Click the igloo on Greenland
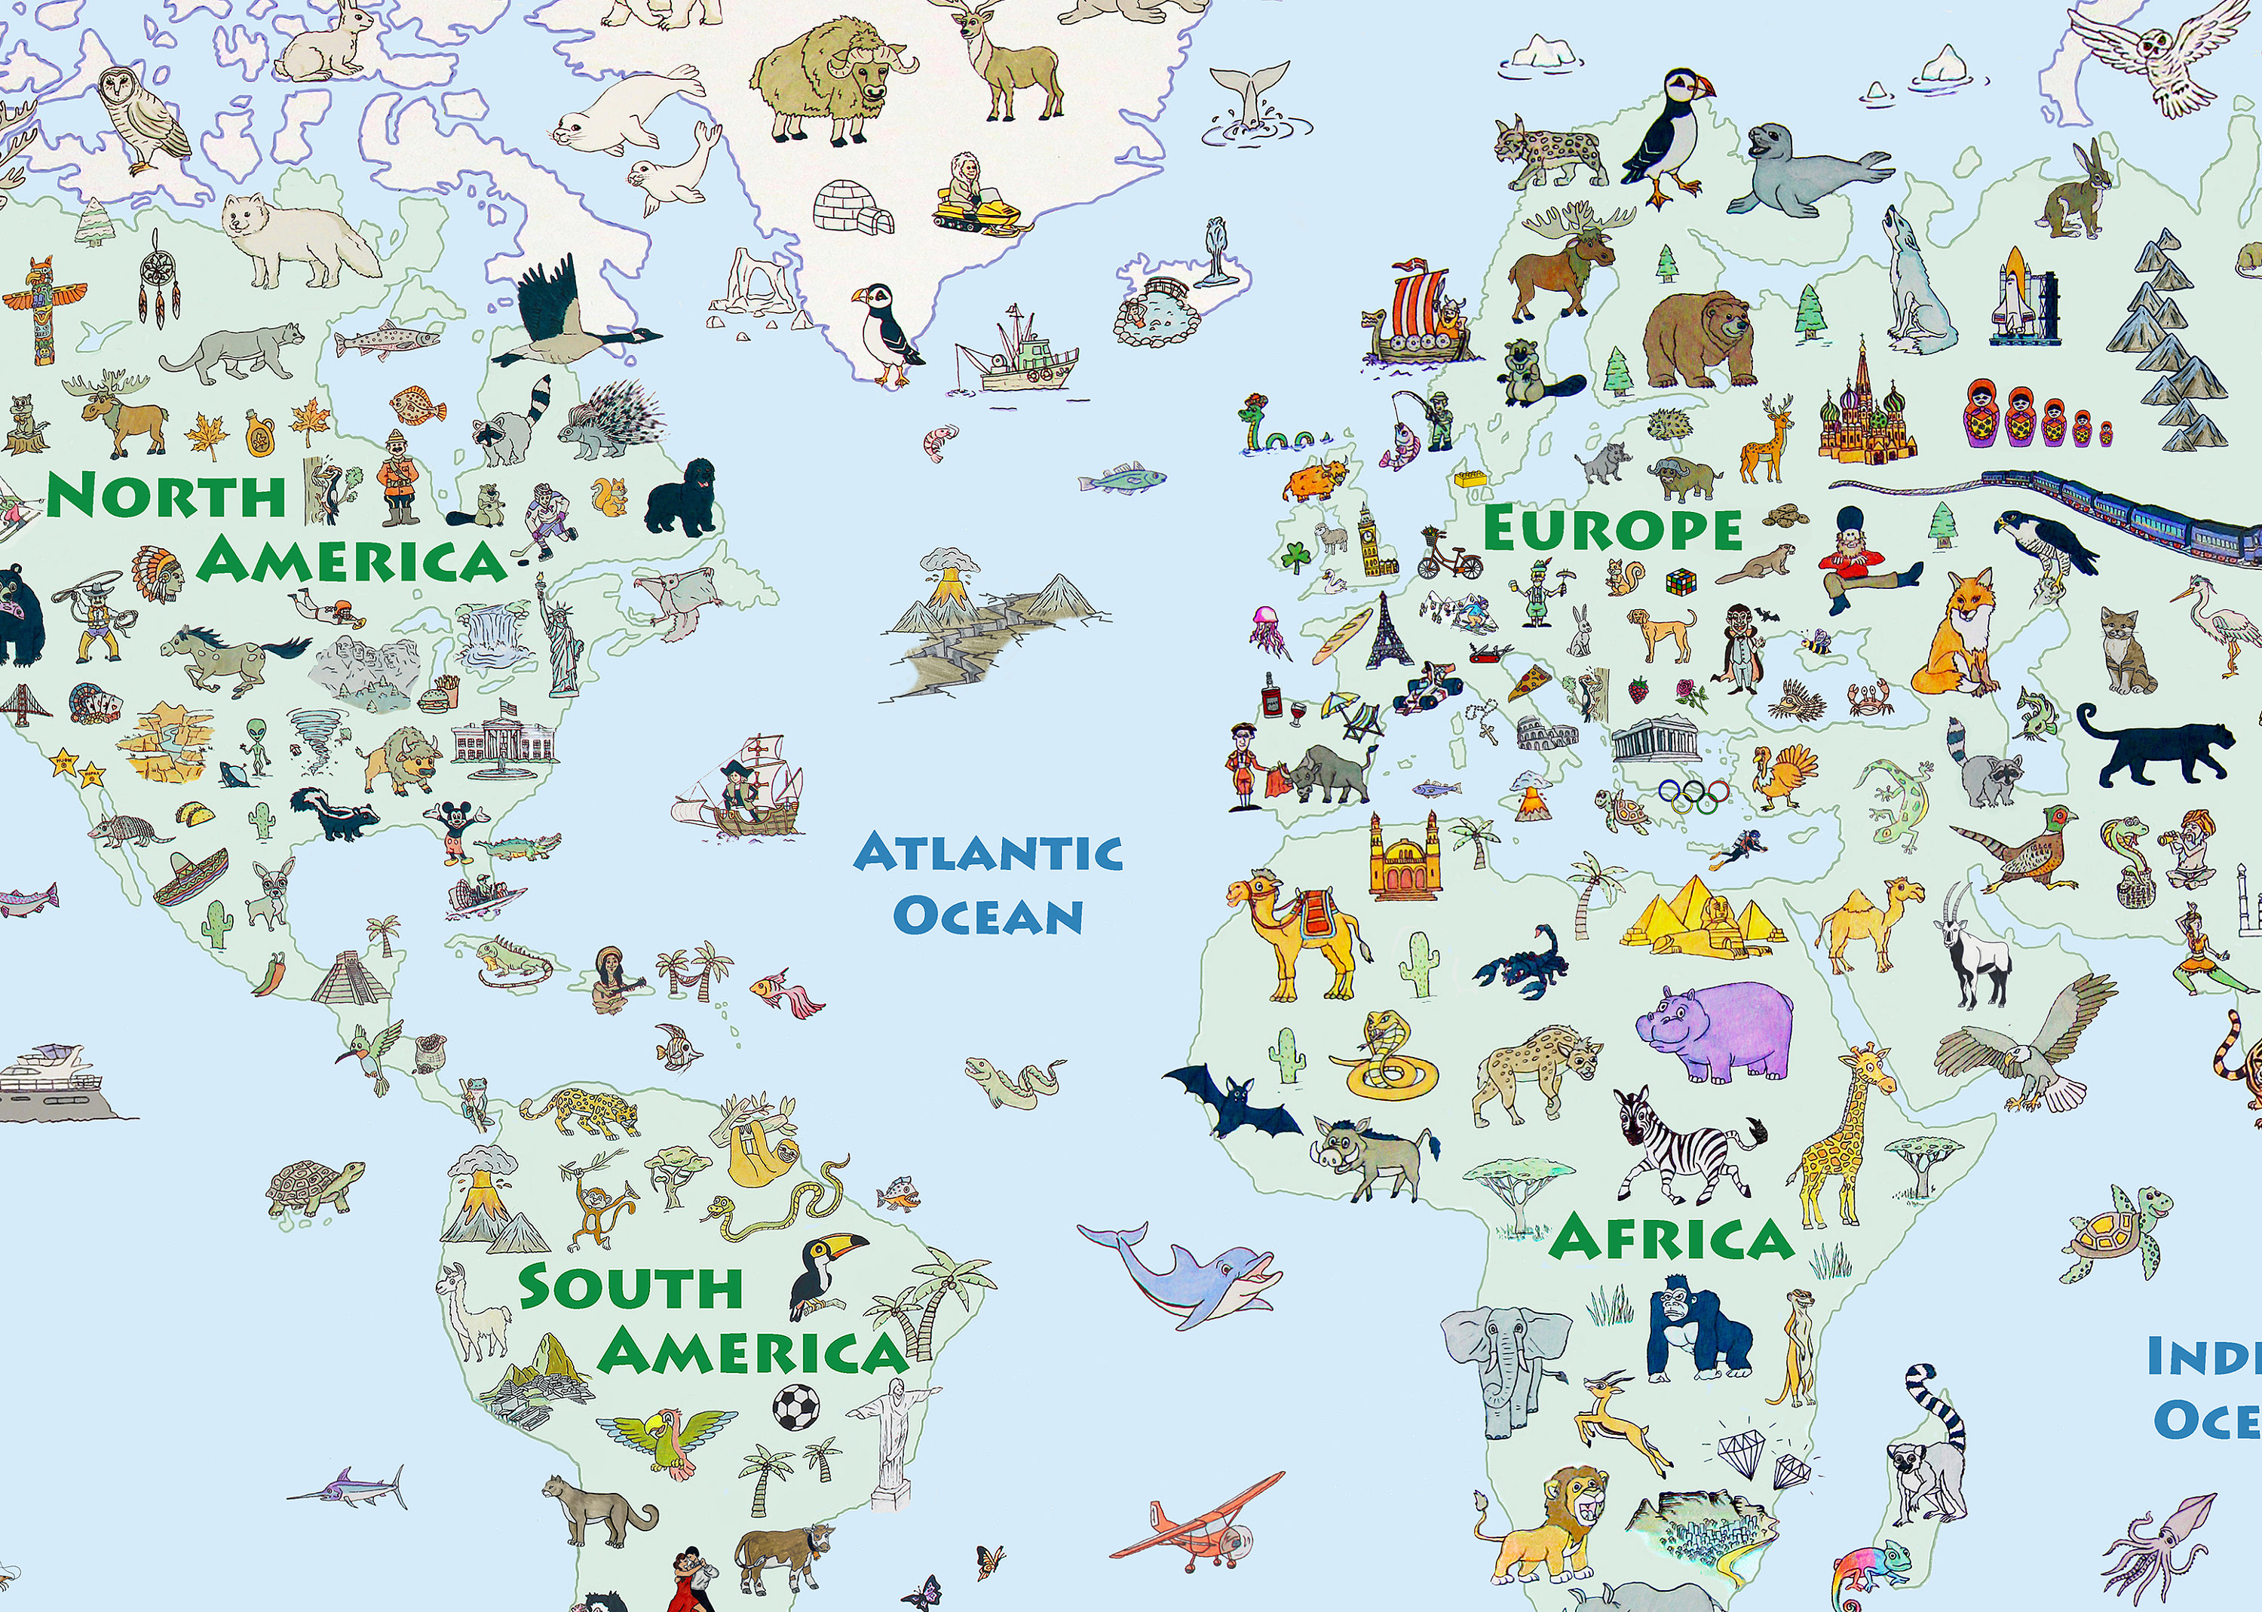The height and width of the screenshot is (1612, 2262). (853, 207)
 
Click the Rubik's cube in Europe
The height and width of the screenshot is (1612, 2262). (1681, 580)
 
